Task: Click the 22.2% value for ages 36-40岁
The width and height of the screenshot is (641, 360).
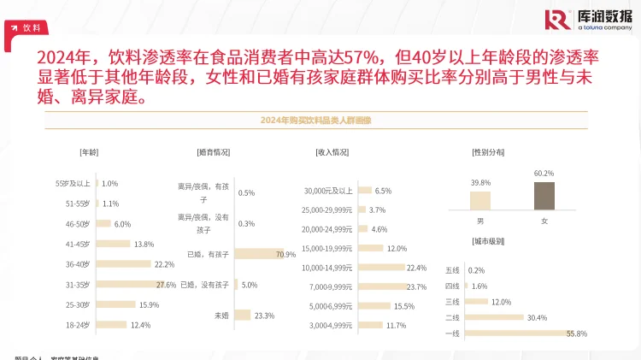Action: click(164, 264)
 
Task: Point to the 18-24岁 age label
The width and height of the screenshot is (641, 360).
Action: click(78, 325)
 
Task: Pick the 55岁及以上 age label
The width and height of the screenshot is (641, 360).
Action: click(73, 183)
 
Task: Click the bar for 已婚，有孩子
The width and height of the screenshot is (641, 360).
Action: click(256, 254)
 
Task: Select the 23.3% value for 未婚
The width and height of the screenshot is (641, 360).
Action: click(264, 316)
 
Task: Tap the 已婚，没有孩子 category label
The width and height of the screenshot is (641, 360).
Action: click(204, 284)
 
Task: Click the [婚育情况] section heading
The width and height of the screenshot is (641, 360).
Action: click(213, 152)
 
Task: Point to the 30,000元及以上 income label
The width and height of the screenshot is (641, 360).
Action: click(328, 191)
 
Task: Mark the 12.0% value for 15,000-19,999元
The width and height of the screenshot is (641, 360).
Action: click(397, 248)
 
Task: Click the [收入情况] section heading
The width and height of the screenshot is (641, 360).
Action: click(332, 152)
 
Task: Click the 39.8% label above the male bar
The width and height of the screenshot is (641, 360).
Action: click(480, 183)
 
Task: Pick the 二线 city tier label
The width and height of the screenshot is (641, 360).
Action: click(452, 317)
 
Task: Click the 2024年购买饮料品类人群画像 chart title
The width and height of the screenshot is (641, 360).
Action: click(320, 121)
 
